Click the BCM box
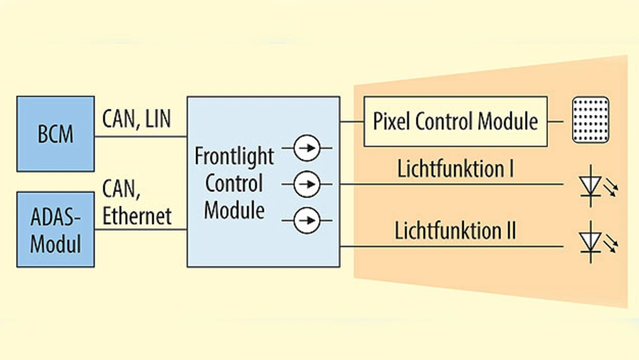coord(55,134)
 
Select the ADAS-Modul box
coord(55,229)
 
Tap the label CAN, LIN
coord(136,119)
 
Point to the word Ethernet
coord(137,216)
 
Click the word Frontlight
coord(234,156)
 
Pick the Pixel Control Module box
coord(455,121)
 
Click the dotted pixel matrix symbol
coord(590,120)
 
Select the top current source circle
coord(307,148)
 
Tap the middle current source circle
coord(307,184)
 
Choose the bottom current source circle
coord(307,220)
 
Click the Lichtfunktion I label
coord(455,169)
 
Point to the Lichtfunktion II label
coord(455,231)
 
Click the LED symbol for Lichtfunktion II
coord(592,242)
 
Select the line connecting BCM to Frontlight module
coord(140,136)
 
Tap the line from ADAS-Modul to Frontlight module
coord(140,230)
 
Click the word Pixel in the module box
coord(392,121)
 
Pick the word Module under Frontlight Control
coord(234,210)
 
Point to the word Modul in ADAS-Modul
coord(55,245)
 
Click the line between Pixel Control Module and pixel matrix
coord(556,121)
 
